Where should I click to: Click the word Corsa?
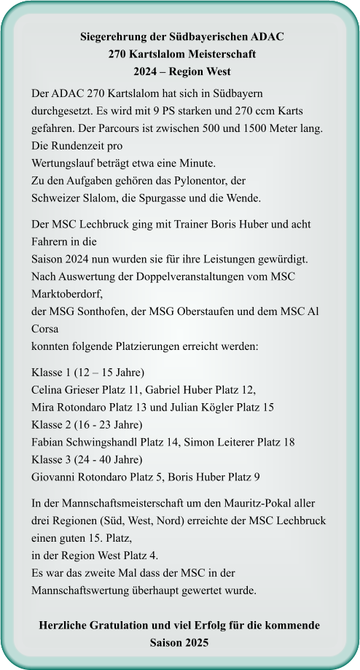tap(47, 329)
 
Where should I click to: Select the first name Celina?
tap(49, 389)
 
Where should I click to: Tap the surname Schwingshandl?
tap(103, 442)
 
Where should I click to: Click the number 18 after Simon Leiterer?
tap(289, 442)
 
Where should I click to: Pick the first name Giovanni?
tap(57, 477)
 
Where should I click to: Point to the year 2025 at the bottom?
tap(196, 644)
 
